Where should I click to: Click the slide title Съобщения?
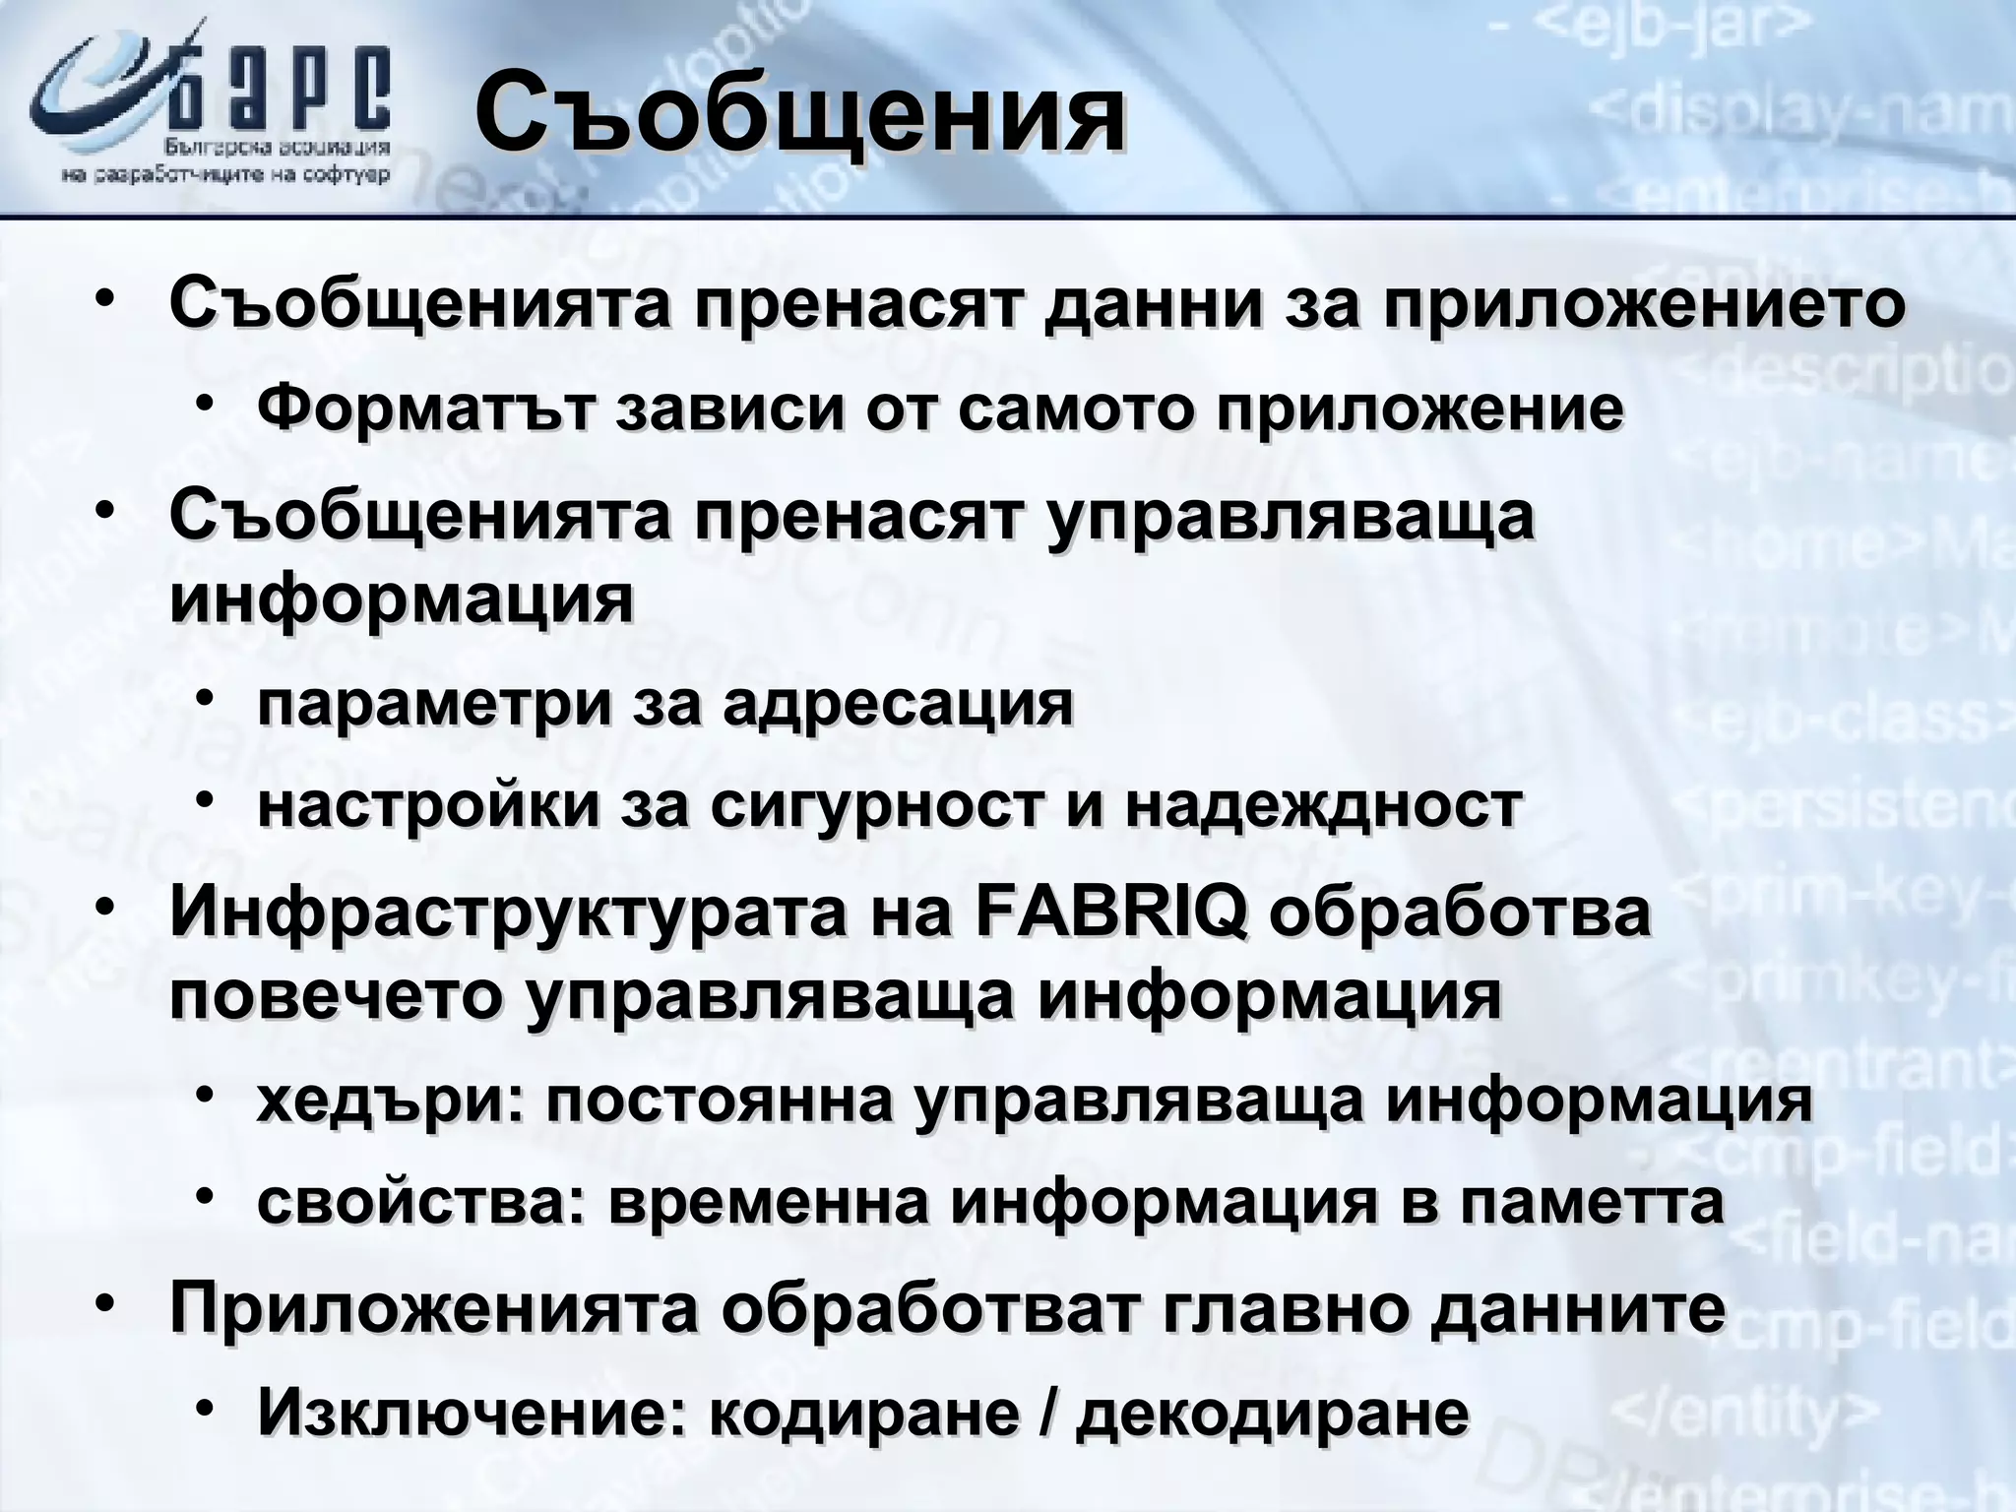pos(799,114)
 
